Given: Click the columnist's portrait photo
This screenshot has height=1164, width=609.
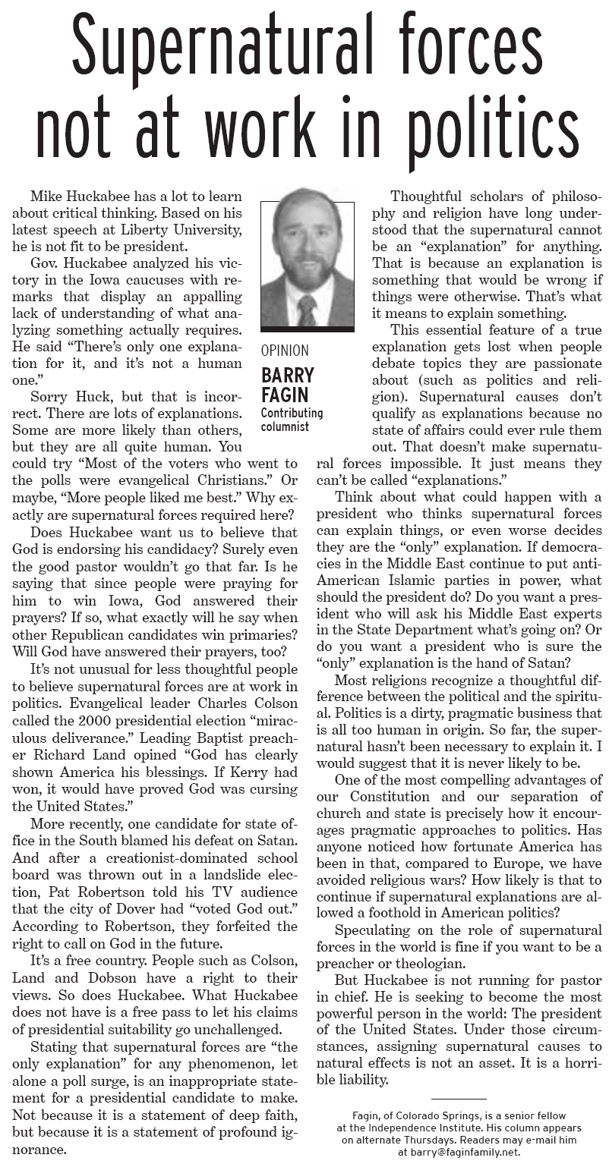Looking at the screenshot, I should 307,263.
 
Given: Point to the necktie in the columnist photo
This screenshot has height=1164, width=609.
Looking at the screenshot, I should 307,310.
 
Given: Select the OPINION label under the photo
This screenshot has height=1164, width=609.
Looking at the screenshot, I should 285,351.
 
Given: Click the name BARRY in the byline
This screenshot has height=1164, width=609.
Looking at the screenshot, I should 288,375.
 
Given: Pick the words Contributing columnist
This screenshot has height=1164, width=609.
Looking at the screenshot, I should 292,420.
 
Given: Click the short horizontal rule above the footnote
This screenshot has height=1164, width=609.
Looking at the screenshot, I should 459,1100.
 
